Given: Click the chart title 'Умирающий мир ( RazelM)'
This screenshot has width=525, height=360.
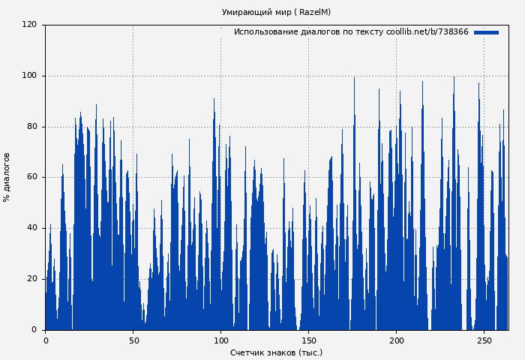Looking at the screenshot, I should [276, 12].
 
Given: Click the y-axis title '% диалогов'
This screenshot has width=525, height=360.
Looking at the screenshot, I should [7, 177].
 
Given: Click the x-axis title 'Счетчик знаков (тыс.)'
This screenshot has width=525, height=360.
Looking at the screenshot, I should [276, 352].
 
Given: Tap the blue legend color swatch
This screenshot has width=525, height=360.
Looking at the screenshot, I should [486, 32].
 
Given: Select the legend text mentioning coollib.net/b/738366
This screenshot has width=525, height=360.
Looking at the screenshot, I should [351, 32].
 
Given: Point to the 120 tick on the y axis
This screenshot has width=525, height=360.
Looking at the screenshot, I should [29, 25].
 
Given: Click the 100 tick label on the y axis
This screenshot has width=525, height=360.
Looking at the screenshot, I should [29, 76].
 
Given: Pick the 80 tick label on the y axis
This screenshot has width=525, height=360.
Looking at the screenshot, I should [31, 127].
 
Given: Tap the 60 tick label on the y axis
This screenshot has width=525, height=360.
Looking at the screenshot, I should [31, 177].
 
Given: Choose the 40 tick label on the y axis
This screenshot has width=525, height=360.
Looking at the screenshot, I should [31, 228].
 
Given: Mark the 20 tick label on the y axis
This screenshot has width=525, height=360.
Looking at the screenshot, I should [31, 279].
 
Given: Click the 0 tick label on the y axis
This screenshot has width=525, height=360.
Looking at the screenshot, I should [34, 330].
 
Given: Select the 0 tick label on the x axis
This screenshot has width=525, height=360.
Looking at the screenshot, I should [46, 340].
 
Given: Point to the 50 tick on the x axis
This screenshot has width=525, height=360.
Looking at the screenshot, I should [133, 340].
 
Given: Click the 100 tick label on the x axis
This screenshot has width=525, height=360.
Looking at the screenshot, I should [221, 340].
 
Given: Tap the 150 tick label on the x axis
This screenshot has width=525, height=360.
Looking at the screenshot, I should [309, 340].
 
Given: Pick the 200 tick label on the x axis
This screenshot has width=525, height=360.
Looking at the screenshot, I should [397, 340].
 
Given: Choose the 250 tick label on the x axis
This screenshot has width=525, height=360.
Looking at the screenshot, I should [484, 340].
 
